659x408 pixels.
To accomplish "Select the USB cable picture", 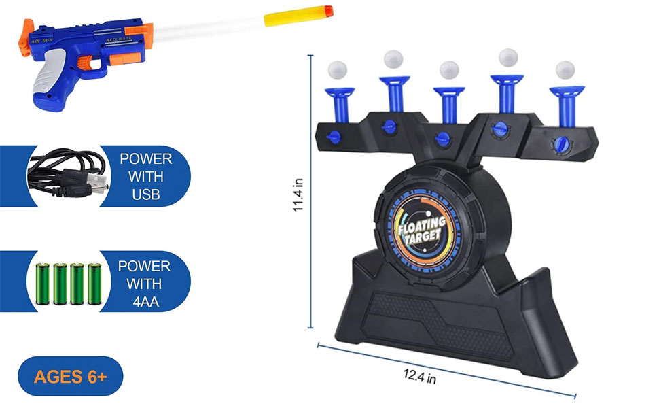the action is click(x=67, y=175).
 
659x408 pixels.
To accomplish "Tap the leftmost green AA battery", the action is click(x=41, y=283).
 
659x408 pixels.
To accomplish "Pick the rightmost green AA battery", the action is click(x=94, y=283).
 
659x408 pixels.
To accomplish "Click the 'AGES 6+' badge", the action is click(x=71, y=375).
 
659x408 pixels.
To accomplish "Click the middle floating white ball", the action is click(x=449, y=70).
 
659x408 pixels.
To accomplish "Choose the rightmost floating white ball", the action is click(x=565, y=70).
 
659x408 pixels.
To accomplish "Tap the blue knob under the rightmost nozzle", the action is click(x=561, y=143).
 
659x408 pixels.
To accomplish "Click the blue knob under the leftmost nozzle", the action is click(x=334, y=135).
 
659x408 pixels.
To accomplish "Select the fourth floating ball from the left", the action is click(x=508, y=58).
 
